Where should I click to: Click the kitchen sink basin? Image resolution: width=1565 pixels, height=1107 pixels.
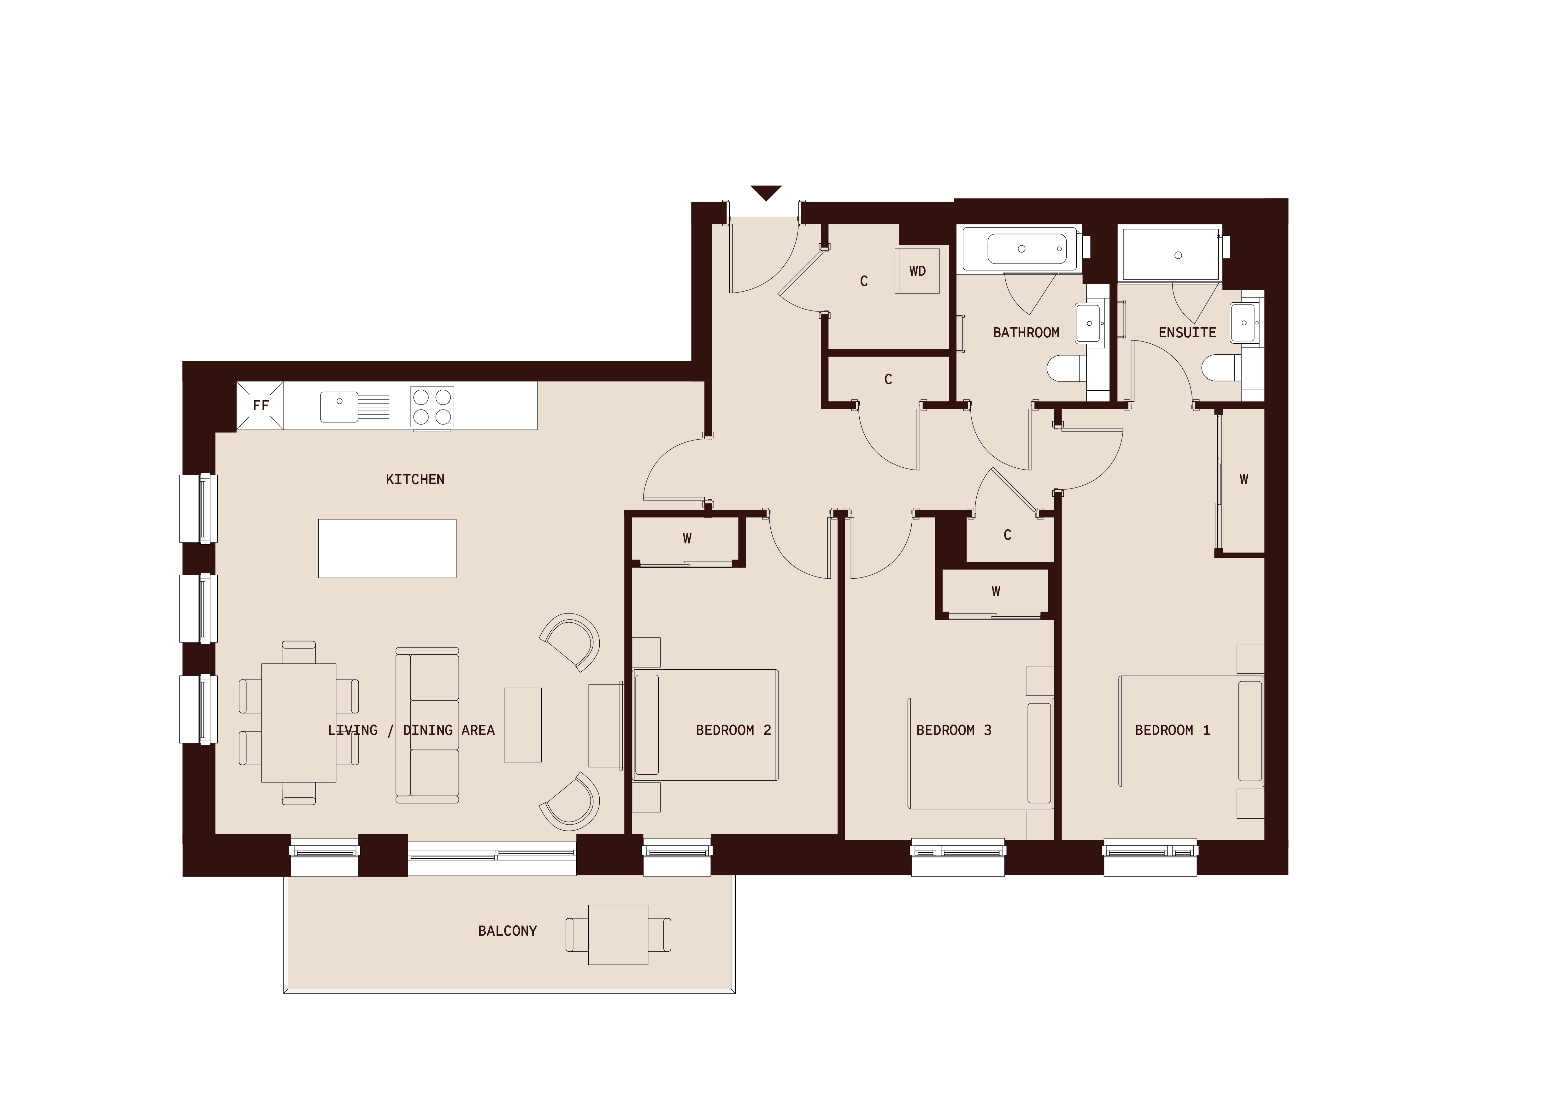(339, 406)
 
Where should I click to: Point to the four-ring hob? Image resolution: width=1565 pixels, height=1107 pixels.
(432, 407)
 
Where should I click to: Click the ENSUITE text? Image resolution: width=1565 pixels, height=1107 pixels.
(1187, 333)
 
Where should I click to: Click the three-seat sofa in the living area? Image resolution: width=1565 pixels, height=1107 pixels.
(427, 725)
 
